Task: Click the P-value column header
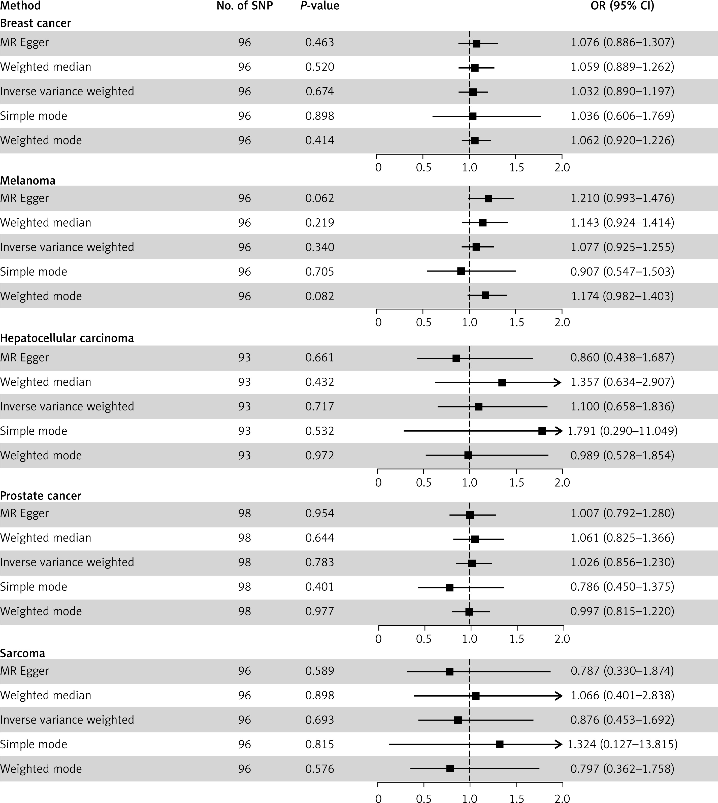pyautogui.click(x=319, y=6)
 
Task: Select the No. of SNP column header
pyautogui.click(x=245, y=6)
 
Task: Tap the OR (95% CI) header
pyautogui.click(x=622, y=6)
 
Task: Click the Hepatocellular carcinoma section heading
pyautogui.click(x=67, y=338)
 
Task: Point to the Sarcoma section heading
pyautogui.click(x=22, y=653)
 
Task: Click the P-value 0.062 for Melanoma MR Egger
pyautogui.click(x=319, y=198)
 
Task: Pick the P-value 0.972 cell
pyautogui.click(x=319, y=456)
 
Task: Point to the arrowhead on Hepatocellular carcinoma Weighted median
pyautogui.click(x=558, y=382)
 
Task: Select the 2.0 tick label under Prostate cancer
pyautogui.click(x=562, y=639)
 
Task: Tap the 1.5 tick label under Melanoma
pyautogui.click(x=516, y=322)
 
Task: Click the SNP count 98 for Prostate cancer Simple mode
pyautogui.click(x=245, y=587)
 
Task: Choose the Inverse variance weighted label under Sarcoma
pyautogui.click(x=67, y=720)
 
